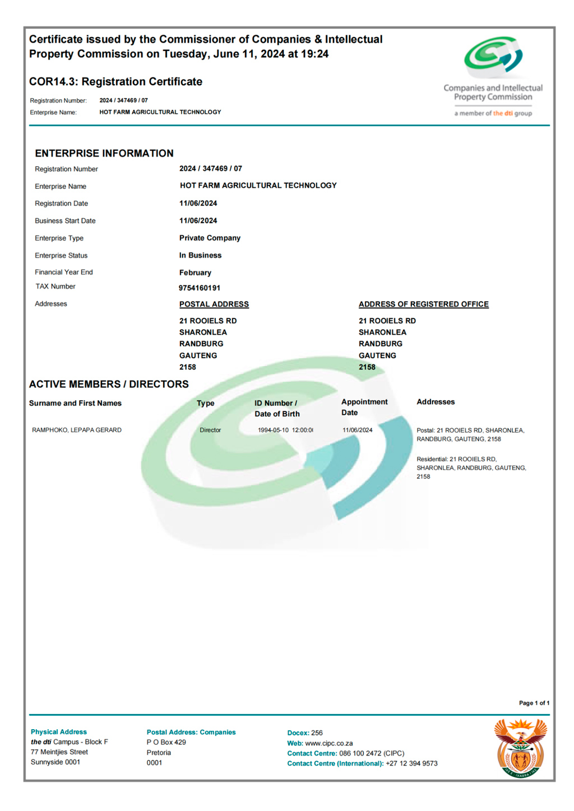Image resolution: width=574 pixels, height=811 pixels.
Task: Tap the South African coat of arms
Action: point(520,748)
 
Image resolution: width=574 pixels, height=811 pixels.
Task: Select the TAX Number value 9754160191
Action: point(200,288)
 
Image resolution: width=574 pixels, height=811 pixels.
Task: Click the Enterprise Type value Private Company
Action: point(210,238)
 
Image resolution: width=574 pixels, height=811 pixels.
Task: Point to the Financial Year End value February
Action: point(195,273)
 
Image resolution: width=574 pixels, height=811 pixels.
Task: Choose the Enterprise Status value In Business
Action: point(200,256)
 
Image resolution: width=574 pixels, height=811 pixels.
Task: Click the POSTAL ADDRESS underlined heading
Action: point(214,304)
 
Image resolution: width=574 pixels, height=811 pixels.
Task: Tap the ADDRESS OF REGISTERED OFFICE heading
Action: point(424,304)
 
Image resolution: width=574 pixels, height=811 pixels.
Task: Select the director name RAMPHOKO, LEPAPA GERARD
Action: point(77,430)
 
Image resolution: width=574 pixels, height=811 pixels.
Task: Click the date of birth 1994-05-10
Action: point(274,430)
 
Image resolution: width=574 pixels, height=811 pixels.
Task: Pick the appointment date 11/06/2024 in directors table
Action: point(358,430)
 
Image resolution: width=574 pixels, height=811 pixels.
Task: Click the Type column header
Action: point(205,404)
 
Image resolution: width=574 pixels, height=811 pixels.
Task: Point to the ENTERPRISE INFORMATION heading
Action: point(104,154)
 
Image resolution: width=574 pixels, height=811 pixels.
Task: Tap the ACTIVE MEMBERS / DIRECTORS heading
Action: point(109,384)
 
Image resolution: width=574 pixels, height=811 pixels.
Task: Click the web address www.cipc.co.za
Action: point(329,744)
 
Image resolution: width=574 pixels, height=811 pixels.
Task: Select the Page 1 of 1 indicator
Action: point(534,703)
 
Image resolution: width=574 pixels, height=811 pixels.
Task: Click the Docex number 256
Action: point(317,733)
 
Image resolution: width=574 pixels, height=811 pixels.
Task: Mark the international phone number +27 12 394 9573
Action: point(411,764)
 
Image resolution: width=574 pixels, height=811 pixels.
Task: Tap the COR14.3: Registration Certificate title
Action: point(115,82)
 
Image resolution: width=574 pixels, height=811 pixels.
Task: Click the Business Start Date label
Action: point(65,221)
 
